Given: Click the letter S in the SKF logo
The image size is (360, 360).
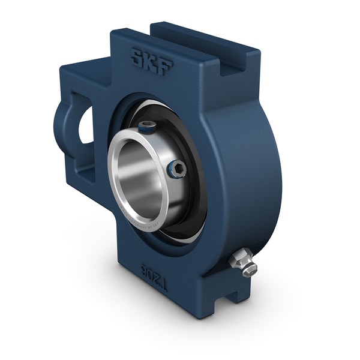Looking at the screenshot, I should click(x=137, y=59).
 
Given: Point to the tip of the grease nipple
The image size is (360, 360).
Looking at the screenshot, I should click(x=251, y=270).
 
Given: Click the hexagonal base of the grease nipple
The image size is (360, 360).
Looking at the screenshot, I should click(x=238, y=259).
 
